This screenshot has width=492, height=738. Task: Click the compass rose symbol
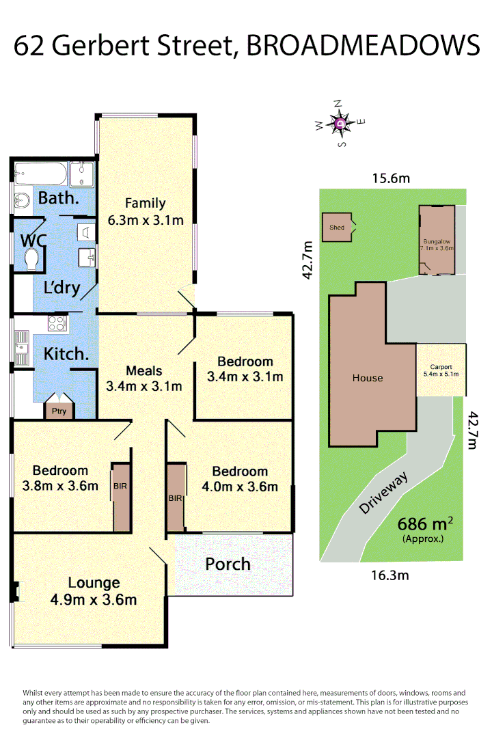(x=340, y=124)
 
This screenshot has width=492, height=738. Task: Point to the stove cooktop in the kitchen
(x=56, y=324)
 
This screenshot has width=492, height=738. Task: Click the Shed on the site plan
(x=336, y=227)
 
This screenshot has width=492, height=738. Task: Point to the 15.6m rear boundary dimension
(x=391, y=179)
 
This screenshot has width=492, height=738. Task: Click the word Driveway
(x=384, y=493)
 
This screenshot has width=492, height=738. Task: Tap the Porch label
(x=228, y=564)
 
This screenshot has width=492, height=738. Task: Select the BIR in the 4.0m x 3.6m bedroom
(x=176, y=497)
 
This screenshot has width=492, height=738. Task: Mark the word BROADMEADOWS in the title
(x=361, y=46)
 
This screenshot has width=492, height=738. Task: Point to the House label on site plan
(x=368, y=378)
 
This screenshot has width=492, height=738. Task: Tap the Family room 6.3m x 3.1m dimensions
(x=146, y=220)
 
